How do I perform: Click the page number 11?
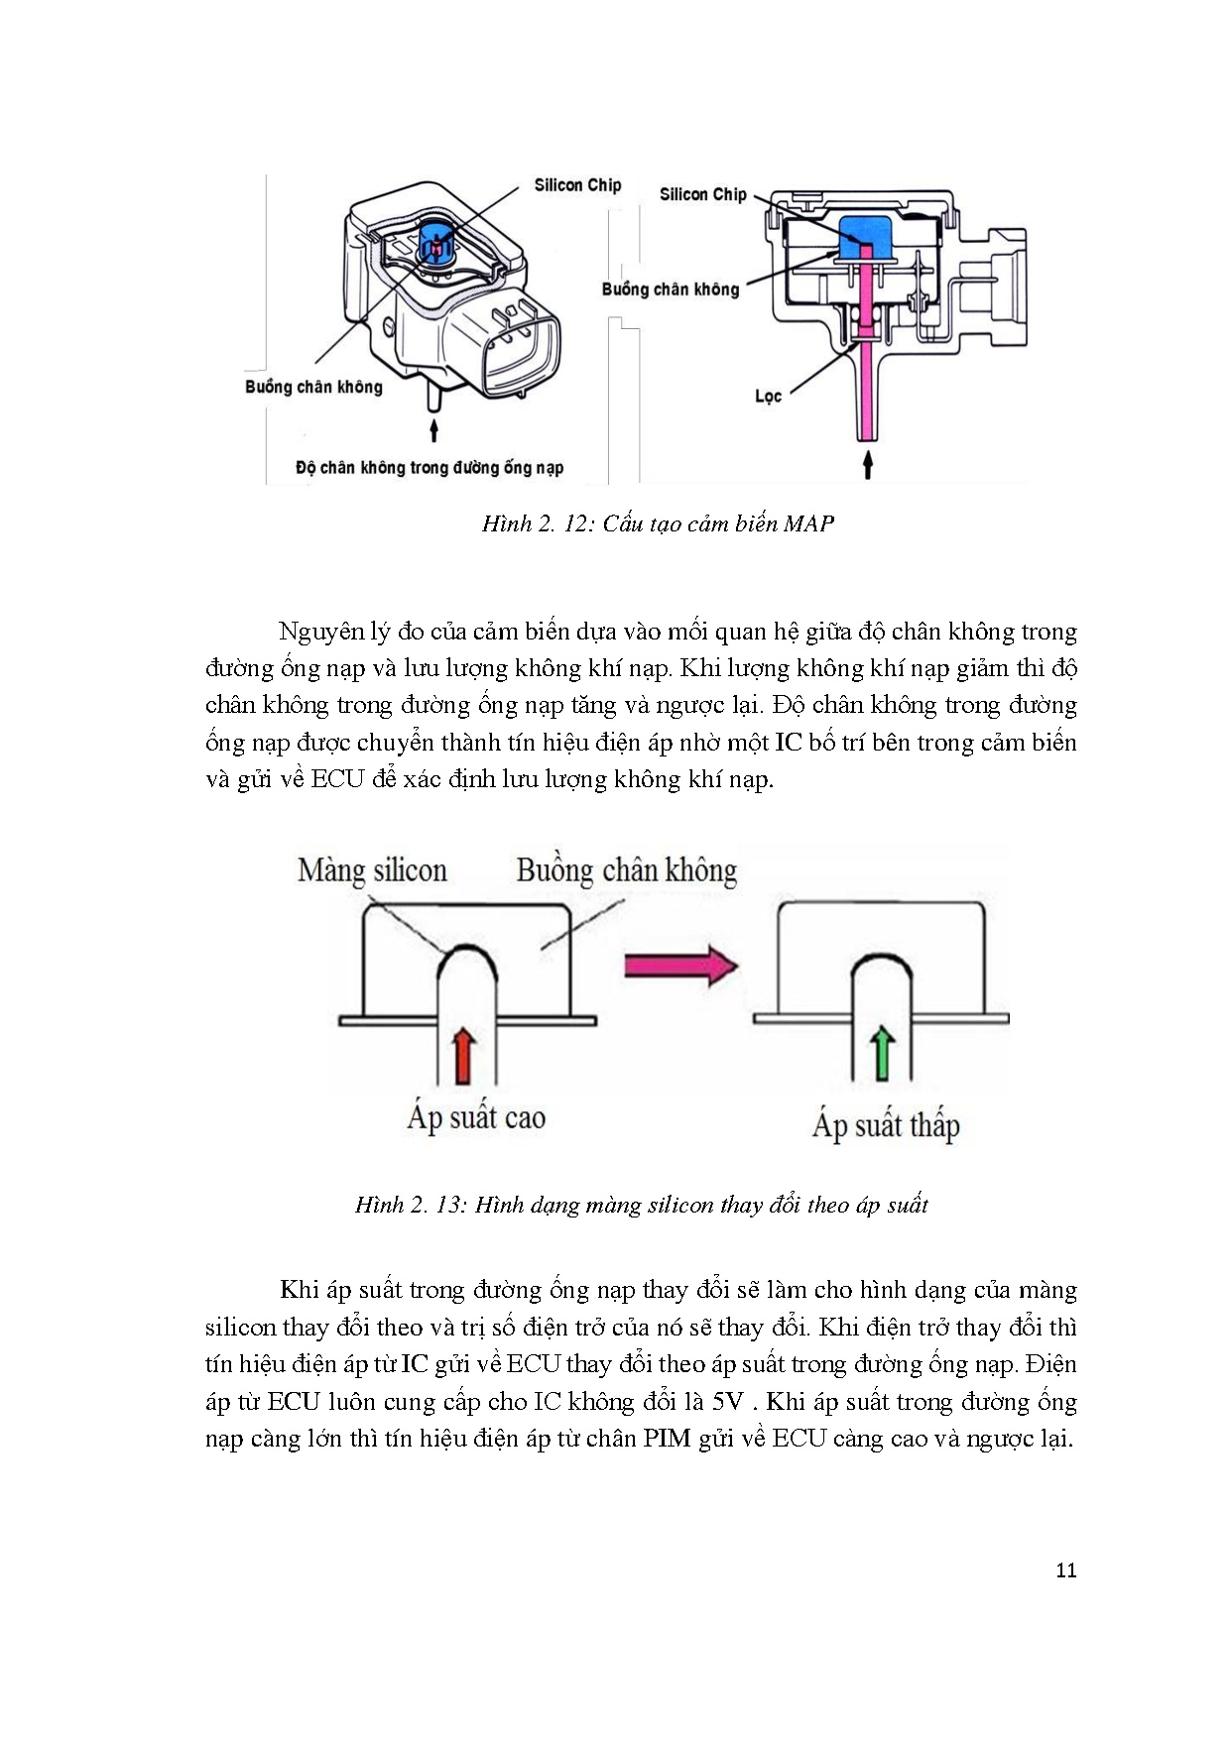click(x=1066, y=1569)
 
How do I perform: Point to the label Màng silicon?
click(x=372, y=870)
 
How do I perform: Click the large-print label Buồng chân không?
click(x=626, y=870)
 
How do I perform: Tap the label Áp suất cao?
click(x=476, y=1117)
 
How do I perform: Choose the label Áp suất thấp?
click(x=886, y=1125)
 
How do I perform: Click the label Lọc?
click(x=768, y=397)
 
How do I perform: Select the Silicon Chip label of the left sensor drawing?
click(x=577, y=185)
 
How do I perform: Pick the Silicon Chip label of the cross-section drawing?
click(x=702, y=194)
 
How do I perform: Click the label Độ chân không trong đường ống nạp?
click(x=430, y=468)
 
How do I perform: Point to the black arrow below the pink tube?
click(x=868, y=464)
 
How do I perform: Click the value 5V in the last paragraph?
click(x=727, y=1402)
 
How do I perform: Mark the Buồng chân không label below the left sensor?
click(x=313, y=387)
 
